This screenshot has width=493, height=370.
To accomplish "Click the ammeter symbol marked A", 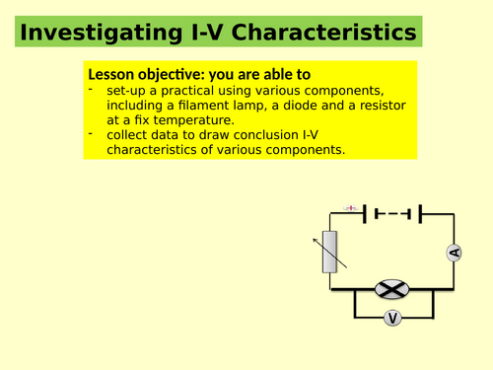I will click(454, 253).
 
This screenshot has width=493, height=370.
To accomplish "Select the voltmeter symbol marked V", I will click(391, 318).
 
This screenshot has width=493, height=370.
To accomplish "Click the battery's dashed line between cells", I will click(393, 211).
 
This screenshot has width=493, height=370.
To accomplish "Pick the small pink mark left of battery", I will click(351, 207).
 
